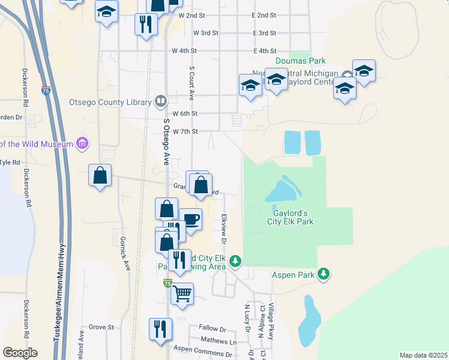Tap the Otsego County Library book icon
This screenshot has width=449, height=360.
pyautogui.click(x=160, y=101)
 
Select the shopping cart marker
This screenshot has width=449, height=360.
pyautogui.click(x=182, y=294)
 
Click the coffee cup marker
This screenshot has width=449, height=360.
pyautogui.click(x=190, y=220)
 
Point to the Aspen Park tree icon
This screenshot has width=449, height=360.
pyautogui.click(x=324, y=274)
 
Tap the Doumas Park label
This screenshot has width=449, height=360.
pyautogui.click(x=300, y=61)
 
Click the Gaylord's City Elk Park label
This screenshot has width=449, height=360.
pyautogui.click(x=291, y=217)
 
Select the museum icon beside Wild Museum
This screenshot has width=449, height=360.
pyautogui.click(x=82, y=143)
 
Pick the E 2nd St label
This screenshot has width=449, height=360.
pyautogui.click(x=264, y=14)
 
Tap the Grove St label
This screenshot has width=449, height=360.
pyautogui.click(x=101, y=327)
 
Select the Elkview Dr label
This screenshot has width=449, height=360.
pyautogui.click(x=223, y=229)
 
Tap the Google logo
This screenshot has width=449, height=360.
pyautogui.click(x=20, y=352)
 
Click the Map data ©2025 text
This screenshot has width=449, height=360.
pyautogui.click(x=423, y=355)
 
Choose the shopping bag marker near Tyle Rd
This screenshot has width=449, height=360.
pyautogui.click(x=100, y=176)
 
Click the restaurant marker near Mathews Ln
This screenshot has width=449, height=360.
pyautogui.click(x=160, y=329)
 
